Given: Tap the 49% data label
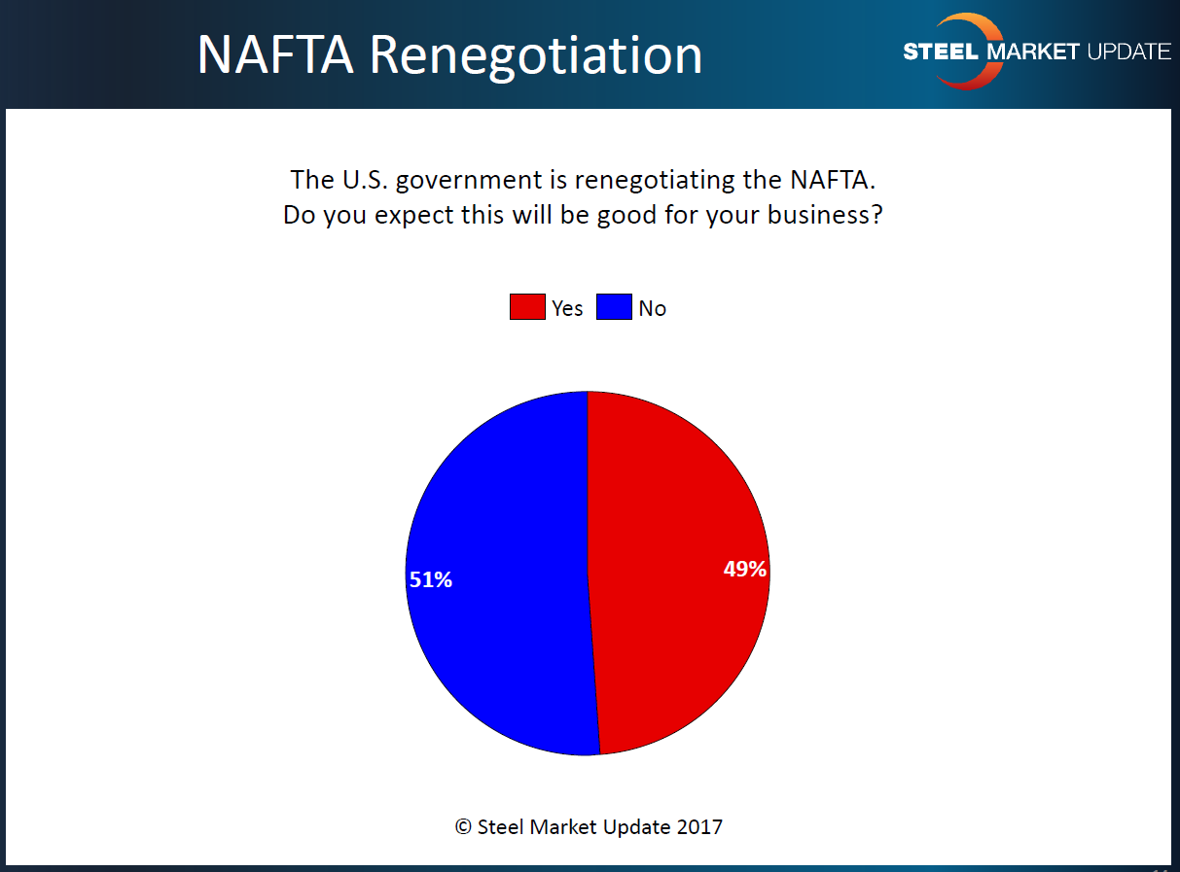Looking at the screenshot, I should pos(745,570).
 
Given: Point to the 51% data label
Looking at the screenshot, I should pos(430,580).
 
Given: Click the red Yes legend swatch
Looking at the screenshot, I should pos(527,307).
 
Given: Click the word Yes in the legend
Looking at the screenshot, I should pos(567,308).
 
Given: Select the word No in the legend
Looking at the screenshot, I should pos(653,308).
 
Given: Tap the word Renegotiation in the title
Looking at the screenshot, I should pos(535,56).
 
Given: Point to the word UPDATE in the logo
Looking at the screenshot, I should pos(1127,52).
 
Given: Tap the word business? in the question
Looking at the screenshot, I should pos(825,215).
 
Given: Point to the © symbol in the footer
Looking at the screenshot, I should pos(463,827).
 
